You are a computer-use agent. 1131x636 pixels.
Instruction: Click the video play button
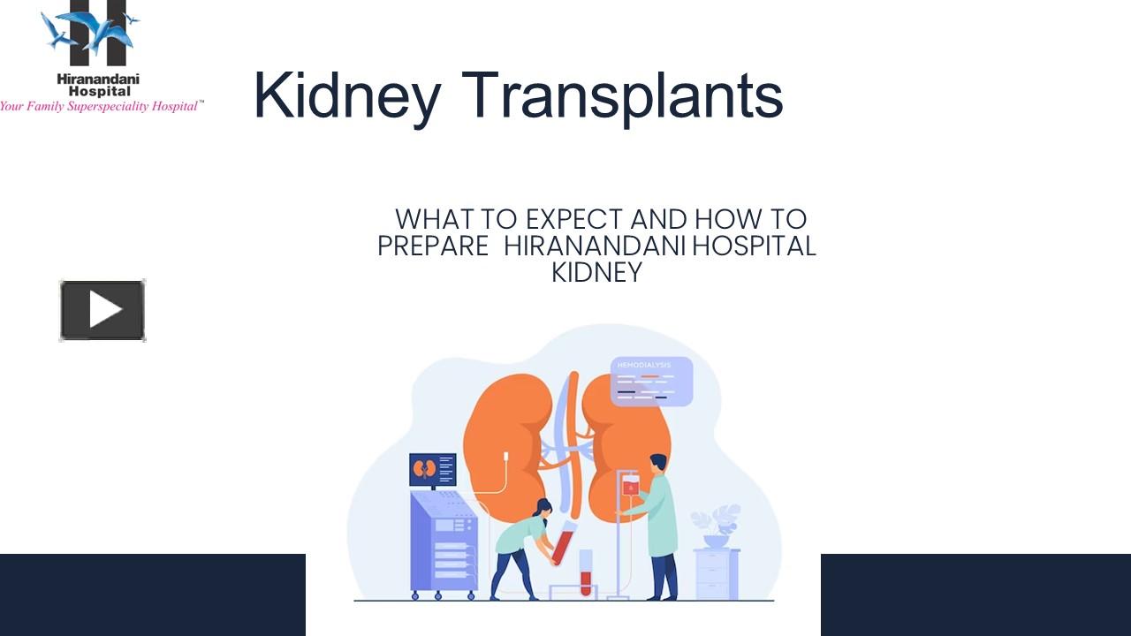pyautogui.click(x=102, y=310)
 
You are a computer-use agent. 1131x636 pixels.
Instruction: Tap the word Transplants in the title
pyautogui.click(x=622, y=95)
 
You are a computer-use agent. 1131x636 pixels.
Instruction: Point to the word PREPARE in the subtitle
pyautogui.click(x=433, y=246)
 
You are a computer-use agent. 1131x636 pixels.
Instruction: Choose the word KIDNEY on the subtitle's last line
pyautogui.click(x=596, y=272)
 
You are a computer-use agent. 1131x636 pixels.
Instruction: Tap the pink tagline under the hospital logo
pyautogui.click(x=102, y=106)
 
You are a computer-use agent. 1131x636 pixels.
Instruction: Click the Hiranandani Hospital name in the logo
pyautogui.click(x=98, y=85)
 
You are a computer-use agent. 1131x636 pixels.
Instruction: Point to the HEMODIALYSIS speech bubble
pyautogui.click(x=651, y=382)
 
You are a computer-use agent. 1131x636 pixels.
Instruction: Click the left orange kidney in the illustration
pyautogui.click(x=508, y=433)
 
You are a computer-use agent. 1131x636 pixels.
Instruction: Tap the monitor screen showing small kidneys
pyautogui.click(x=433, y=469)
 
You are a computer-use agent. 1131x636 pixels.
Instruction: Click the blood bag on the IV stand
pyautogui.click(x=630, y=485)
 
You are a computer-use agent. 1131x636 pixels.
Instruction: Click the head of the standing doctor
pyautogui.click(x=658, y=463)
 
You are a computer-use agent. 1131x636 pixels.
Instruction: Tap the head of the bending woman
pyautogui.click(x=543, y=507)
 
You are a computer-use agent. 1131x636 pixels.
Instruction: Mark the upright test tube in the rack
pyautogui.click(x=585, y=572)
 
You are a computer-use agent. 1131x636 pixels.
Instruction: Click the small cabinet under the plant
pyautogui.click(x=716, y=574)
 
